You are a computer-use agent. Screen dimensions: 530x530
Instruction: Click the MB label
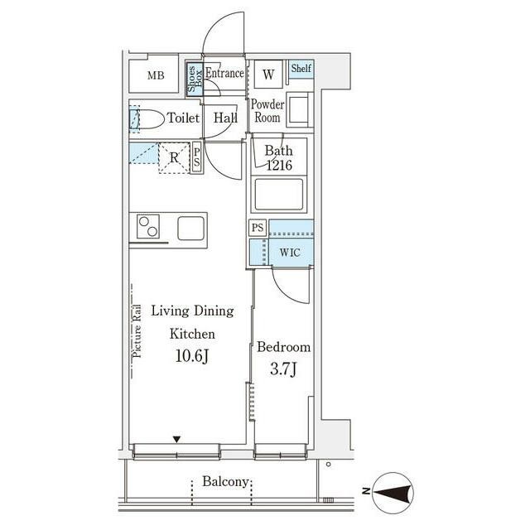[156, 75]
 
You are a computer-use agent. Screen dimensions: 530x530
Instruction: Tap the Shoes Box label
[195, 79]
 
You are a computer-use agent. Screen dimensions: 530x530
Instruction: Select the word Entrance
[224, 73]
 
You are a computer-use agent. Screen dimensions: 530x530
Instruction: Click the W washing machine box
[268, 75]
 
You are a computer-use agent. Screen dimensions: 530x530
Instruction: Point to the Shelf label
[301, 68]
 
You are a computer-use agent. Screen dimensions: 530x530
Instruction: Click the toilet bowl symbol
[147, 119]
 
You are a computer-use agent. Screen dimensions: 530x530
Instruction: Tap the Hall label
[225, 118]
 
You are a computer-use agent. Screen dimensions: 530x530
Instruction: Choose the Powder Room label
[267, 110]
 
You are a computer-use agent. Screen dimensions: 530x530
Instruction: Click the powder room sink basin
[299, 109]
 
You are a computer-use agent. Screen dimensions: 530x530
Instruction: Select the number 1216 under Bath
[279, 166]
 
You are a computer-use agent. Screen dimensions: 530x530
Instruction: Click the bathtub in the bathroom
[279, 195]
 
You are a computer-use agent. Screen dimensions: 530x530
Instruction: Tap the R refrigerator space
[174, 158]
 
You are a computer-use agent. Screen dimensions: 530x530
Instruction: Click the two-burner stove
[148, 226]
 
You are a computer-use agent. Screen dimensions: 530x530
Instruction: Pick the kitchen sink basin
[191, 228]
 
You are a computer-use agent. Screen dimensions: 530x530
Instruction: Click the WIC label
[290, 253]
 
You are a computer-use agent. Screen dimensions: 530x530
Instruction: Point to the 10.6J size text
[191, 355]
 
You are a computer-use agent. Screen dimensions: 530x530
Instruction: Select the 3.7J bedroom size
[283, 369]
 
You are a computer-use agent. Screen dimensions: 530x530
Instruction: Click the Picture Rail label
[137, 331]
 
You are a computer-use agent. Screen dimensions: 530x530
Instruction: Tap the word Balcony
[225, 482]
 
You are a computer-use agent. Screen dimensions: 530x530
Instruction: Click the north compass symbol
[393, 492]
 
